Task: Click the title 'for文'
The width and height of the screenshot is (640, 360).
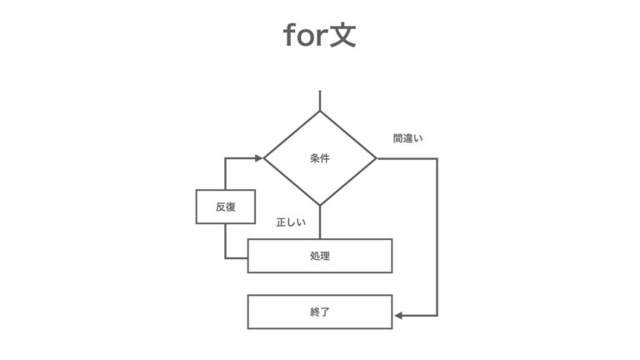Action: [320, 35]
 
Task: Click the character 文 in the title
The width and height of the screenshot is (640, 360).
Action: [342, 35]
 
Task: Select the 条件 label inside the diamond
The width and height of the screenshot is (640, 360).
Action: [320, 158]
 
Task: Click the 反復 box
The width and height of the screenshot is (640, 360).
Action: [226, 207]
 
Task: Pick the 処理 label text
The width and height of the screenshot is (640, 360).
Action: [320, 256]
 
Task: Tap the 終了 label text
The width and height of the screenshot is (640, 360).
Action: [320, 312]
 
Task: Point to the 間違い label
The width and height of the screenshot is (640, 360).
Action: [407, 138]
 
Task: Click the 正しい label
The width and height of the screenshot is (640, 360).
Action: [291, 222]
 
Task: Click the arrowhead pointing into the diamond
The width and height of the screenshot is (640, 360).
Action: [259, 158]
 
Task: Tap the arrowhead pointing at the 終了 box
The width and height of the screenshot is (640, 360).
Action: [399, 316]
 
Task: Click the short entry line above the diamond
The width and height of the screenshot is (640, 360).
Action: [320, 100]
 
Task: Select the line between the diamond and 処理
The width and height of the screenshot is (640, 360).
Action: [320, 222]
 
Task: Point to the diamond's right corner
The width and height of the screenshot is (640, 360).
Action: [376, 158]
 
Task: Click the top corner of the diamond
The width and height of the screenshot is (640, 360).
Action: [320, 111]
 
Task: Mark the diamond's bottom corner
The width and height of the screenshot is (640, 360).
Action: [320, 205]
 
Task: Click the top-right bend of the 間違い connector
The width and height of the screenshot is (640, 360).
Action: [437, 158]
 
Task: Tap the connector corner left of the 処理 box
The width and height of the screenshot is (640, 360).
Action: [225, 258]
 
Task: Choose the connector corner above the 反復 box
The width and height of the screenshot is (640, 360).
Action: [225, 158]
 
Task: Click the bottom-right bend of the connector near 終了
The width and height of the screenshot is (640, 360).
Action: [437, 316]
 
